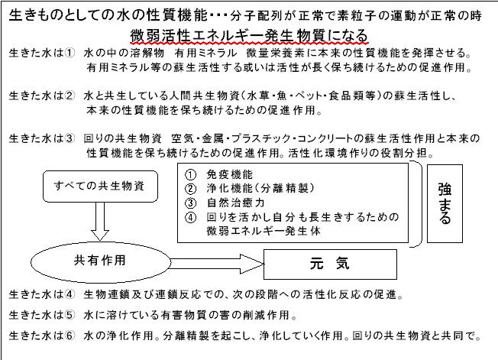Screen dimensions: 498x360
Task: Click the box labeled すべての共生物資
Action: coord(100,186)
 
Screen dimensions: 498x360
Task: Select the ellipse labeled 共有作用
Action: coord(101,262)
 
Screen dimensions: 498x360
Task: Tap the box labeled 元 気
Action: coord(330,264)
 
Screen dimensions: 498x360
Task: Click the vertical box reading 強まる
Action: coord(445,203)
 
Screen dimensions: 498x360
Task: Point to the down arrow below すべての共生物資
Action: coord(100,222)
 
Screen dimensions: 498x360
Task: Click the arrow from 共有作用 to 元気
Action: coord(217,264)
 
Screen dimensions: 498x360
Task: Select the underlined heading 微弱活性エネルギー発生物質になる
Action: coord(249,36)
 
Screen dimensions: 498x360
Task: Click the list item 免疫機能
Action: coord(230,174)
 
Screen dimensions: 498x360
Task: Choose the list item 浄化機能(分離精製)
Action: coord(260,189)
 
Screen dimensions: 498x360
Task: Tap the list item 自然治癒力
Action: coord(236,203)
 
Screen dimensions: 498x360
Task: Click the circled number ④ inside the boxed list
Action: coord(190,218)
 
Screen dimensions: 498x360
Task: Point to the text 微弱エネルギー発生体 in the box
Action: coord(264,231)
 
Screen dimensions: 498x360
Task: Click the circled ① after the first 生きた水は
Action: coord(70,53)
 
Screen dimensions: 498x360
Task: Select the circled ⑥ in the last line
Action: coord(70,336)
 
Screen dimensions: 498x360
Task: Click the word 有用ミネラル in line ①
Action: coord(205,53)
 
